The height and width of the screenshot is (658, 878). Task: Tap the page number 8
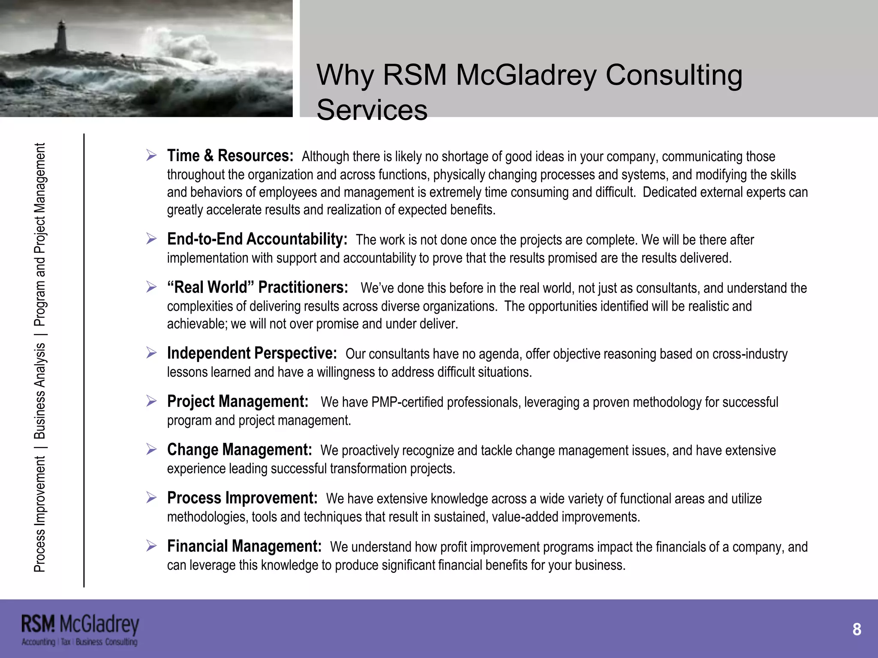point(857,629)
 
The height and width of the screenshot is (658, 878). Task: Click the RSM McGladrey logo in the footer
point(80,630)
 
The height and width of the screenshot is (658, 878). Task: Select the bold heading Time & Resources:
point(230,156)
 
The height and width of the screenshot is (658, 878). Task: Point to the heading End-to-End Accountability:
point(257,239)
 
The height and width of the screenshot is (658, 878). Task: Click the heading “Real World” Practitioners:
point(258,287)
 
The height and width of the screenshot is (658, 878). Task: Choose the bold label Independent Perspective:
point(252,353)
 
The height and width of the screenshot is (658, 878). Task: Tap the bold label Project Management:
point(238,401)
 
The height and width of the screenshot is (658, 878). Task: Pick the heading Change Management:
point(239,450)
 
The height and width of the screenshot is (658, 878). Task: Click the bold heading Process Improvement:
point(242,498)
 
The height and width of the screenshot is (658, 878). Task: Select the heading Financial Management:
point(244,546)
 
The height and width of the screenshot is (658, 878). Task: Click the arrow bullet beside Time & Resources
point(151,155)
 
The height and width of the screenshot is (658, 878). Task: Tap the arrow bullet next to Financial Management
point(151,546)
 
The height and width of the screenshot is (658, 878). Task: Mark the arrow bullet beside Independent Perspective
point(151,353)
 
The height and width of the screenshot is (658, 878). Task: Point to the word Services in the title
point(372,110)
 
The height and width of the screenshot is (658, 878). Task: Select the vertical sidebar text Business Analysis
point(39,391)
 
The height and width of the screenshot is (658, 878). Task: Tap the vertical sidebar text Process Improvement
point(39,514)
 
